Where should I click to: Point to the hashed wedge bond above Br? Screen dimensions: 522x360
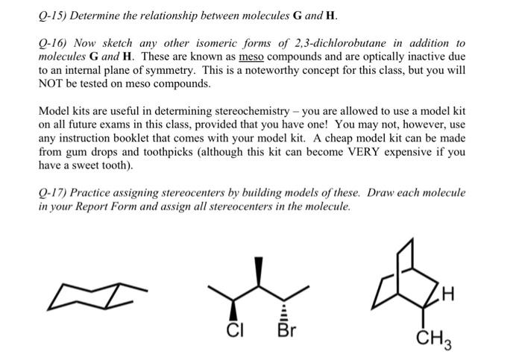tap(283, 304)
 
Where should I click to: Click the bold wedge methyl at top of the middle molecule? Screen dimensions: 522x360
tap(260, 271)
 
